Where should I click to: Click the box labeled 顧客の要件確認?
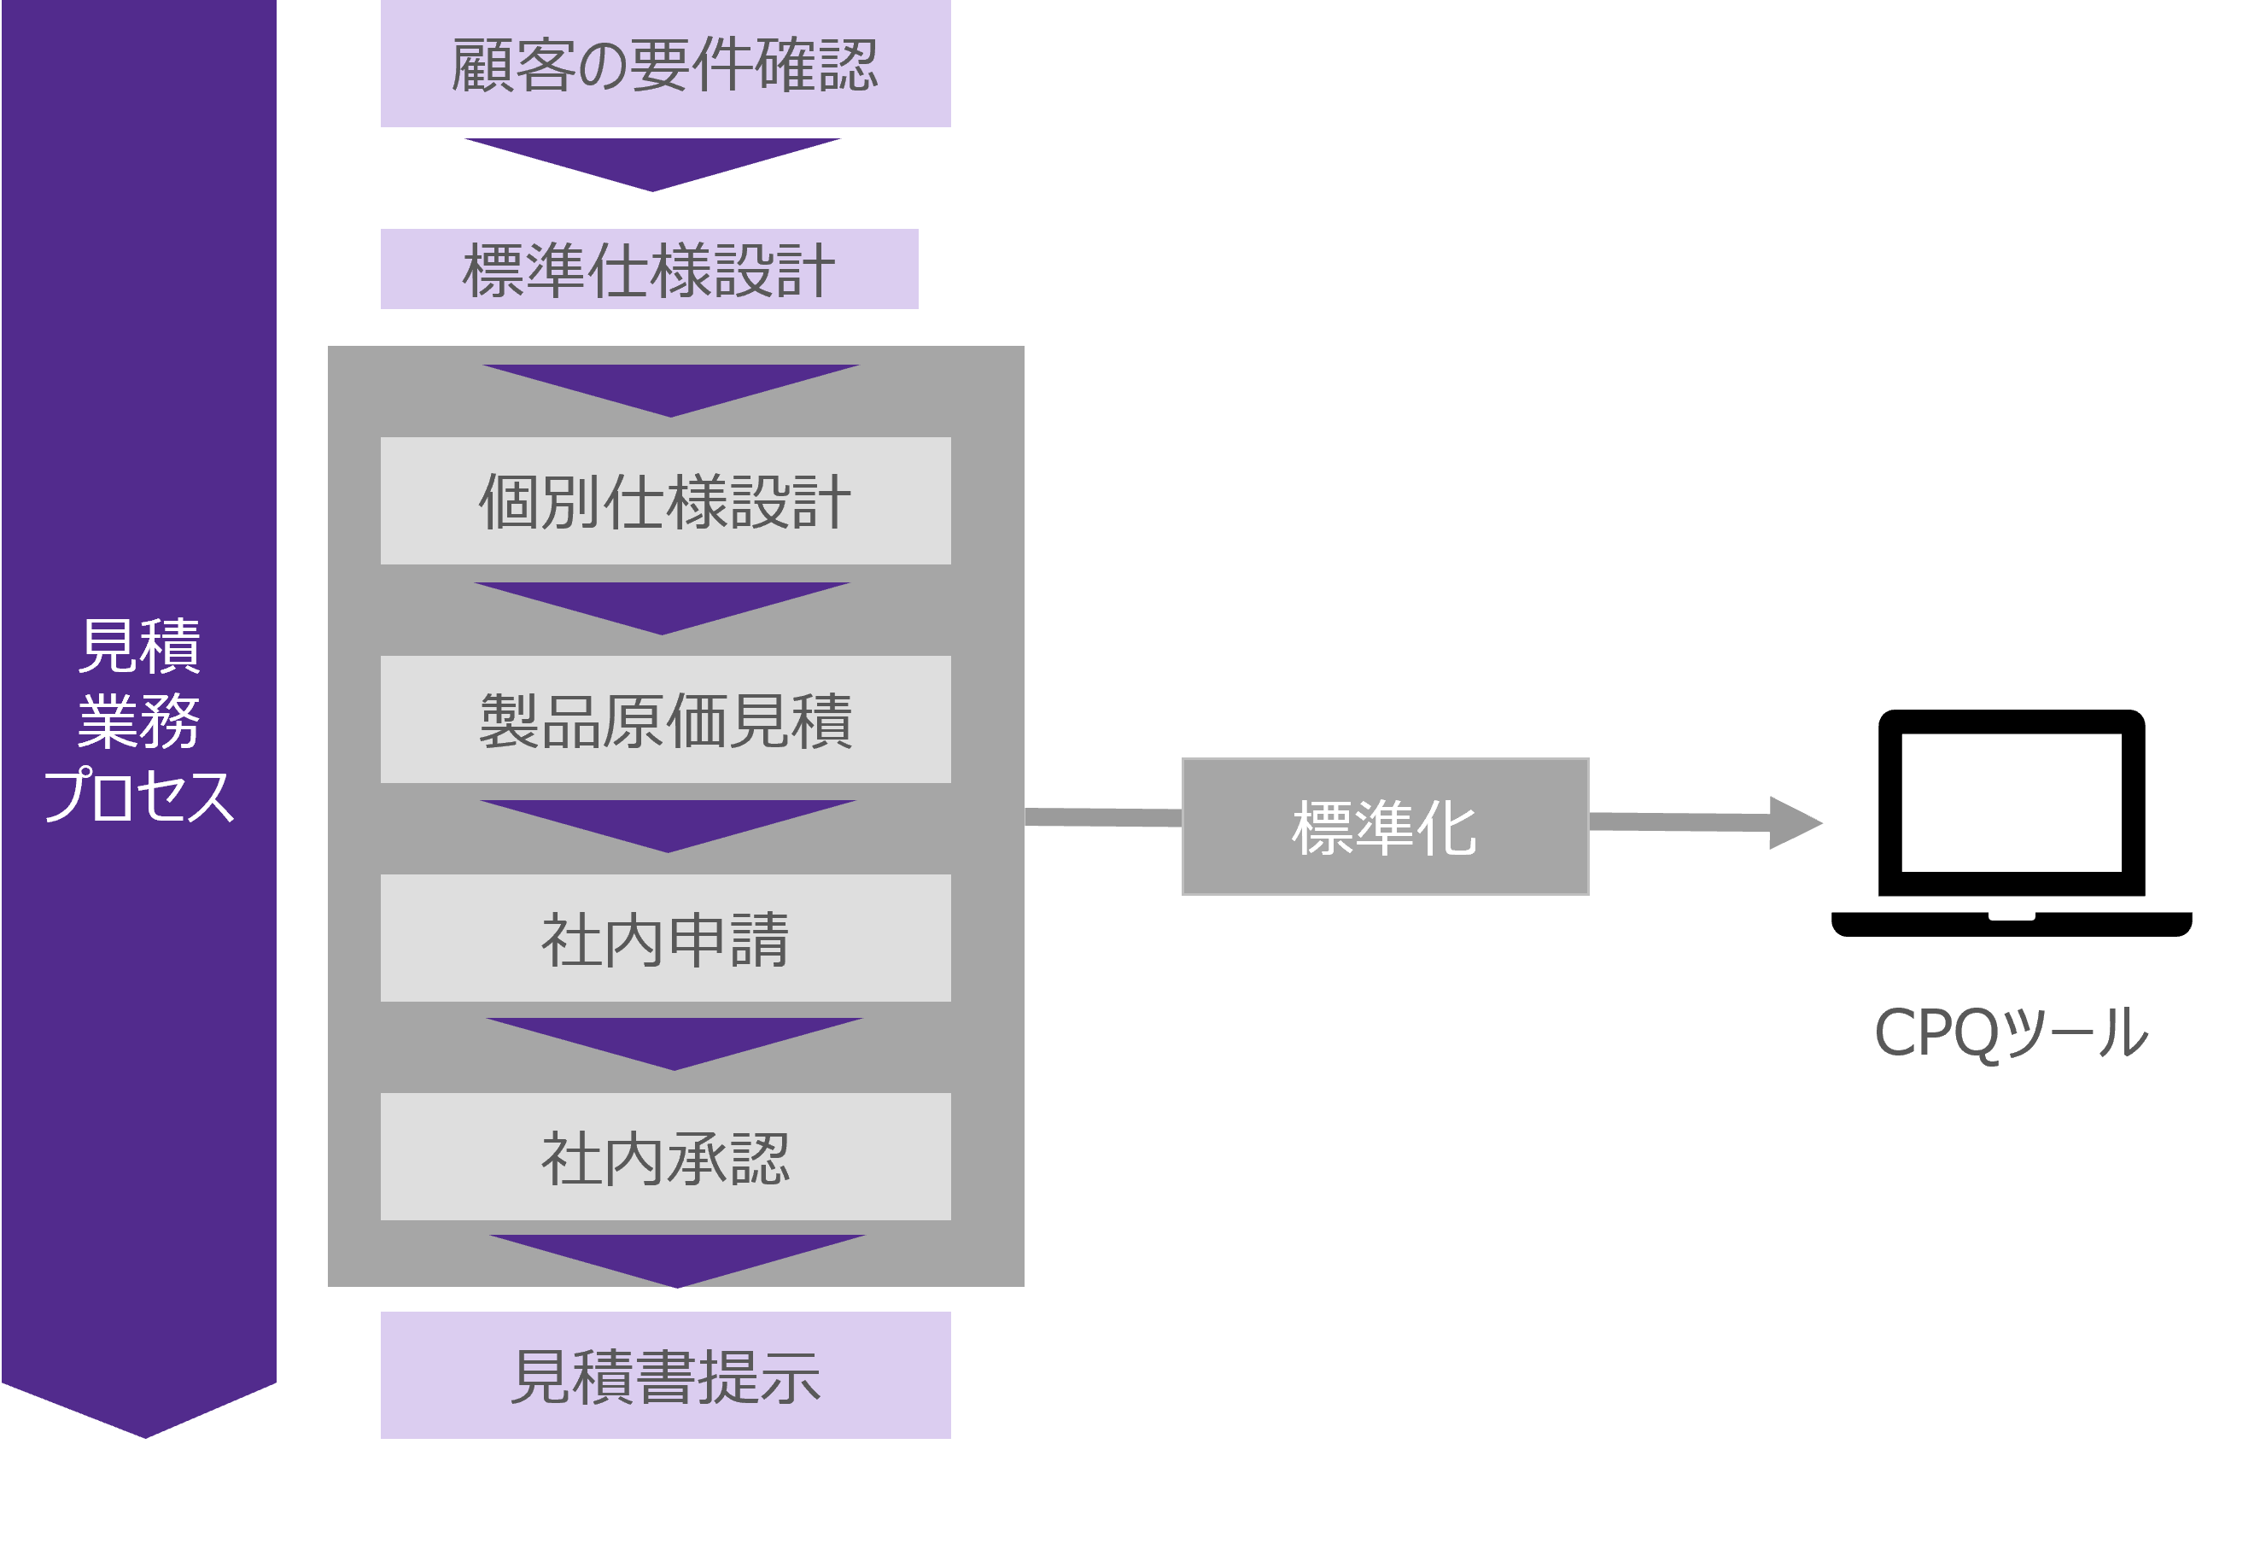(664, 65)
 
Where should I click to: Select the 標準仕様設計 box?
(648, 269)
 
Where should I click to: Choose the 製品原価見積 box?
(664, 720)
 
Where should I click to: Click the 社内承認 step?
(664, 1157)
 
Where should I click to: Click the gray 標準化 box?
(1384, 827)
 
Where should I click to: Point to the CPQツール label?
(2009, 1033)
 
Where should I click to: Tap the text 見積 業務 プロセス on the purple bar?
(139, 720)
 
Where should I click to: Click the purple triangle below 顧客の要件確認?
(652, 161)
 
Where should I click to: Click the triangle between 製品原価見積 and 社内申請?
(668, 822)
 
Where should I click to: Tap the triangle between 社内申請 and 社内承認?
(674, 1041)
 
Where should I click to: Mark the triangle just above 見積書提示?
(677, 1258)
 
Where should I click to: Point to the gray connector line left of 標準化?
(1102, 818)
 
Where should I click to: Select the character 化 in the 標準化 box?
(1446, 829)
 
